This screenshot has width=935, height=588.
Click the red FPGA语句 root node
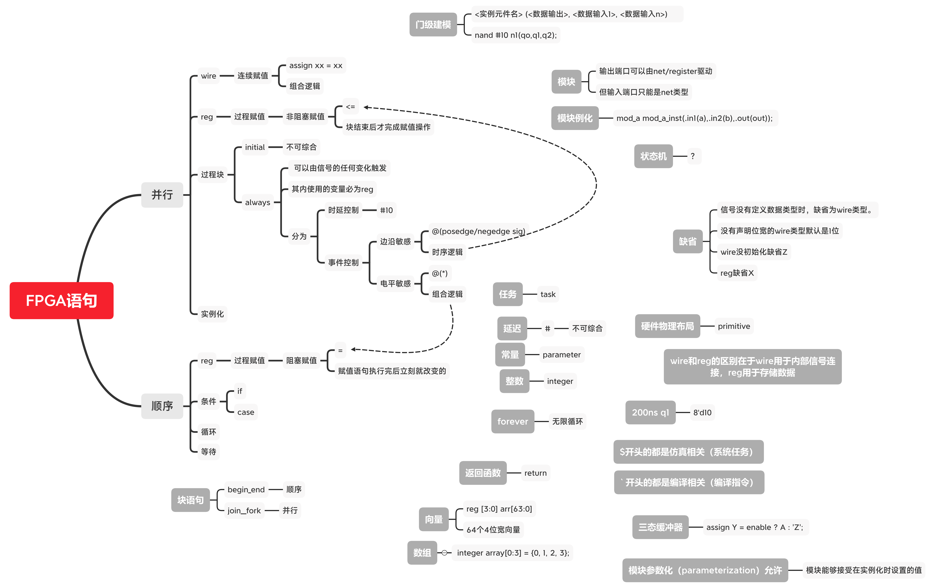[x=61, y=301]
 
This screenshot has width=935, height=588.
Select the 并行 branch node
[x=162, y=195]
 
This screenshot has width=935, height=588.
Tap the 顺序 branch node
[x=162, y=406]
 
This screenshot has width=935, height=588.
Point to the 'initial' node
[x=255, y=147]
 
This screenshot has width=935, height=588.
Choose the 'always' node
[x=257, y=202]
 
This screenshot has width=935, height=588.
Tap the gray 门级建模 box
[x=433, y=24]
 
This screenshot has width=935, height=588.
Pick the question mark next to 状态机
[x=693, y=156]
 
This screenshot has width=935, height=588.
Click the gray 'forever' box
[x=512, y=421]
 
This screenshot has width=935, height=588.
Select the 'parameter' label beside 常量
[x=561, y=355]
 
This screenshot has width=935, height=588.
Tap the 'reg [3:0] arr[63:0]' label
[x=499, y=509]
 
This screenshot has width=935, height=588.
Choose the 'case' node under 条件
[x=246, y=412]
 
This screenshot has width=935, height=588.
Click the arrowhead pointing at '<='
[x=366, y=107]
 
